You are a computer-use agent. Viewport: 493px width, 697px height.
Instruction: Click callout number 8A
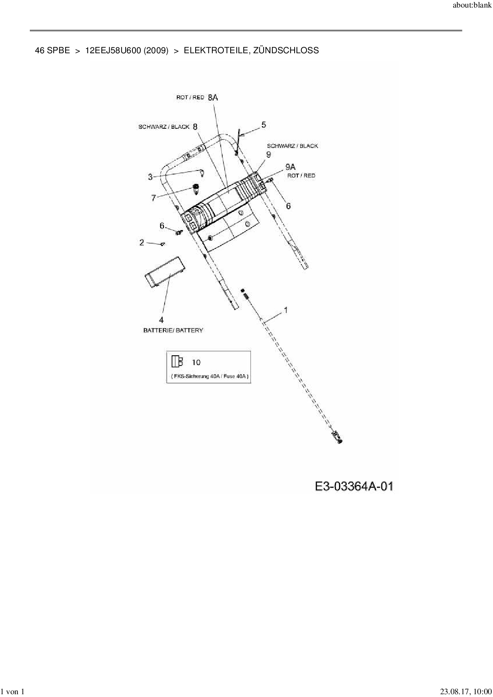213,97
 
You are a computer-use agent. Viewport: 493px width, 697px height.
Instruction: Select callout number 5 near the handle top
264,125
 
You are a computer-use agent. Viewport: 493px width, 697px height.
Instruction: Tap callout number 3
150,177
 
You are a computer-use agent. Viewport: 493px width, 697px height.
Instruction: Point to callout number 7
154,198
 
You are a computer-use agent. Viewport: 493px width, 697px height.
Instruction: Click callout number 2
142,242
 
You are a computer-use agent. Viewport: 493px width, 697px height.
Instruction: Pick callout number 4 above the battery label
161,320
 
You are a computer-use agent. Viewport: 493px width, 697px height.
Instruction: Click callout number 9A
291,167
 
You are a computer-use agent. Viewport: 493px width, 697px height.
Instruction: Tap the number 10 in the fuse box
196,362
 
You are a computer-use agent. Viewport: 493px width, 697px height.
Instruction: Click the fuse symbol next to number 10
177,362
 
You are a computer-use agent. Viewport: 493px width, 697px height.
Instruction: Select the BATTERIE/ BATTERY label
173,331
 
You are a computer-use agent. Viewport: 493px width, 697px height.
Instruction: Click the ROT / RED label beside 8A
190,97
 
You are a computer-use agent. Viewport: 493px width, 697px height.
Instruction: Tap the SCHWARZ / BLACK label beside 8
164,127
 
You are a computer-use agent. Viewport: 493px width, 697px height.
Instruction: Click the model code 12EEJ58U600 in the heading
113,50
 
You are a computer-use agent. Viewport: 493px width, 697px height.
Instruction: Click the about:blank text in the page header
472,6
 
